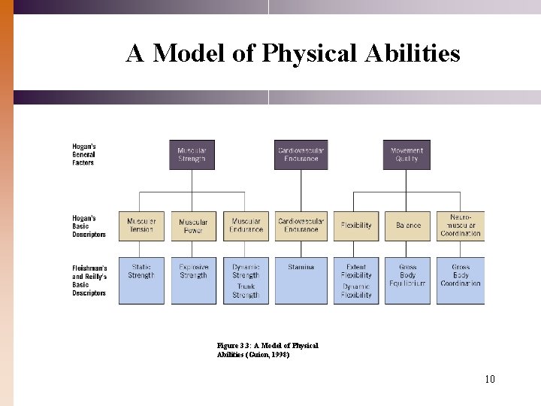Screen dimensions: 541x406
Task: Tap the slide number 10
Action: click(x=489, y=379)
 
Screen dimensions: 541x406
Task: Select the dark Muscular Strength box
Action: click(x=192, y=154)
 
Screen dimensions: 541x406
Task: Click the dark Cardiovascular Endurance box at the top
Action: click(x=301, y=154)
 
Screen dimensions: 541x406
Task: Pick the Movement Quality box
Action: click(x=407, y=154)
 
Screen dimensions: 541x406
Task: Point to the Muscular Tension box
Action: click(x=141, y=226)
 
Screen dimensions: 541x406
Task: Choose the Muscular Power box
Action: click(x=193, y=226)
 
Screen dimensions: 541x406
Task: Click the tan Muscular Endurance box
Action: click(x=246, y=226)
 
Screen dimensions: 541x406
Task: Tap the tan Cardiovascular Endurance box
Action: click(x=301, y=226)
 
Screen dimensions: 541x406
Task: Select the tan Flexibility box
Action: click(x=356, y=226)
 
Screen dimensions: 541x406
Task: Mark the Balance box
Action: click(x=408, y=226)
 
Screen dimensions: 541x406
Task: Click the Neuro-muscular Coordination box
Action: click(x=460, y=226)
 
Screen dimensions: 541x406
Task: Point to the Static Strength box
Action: click(x=141, y=280)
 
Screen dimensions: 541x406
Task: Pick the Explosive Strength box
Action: click(x=193, y=280)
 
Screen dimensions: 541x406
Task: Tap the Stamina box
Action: click(x=301, y=280)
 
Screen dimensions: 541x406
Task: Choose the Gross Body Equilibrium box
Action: click(x=408, y=280)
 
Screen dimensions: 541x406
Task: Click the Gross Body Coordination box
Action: click(x=460, y=280)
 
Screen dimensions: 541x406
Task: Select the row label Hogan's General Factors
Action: click(x=84, y=154)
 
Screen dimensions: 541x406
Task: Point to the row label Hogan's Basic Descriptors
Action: click(x=89, y=226)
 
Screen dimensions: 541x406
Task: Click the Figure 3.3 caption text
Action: click(x=267, y=350)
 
